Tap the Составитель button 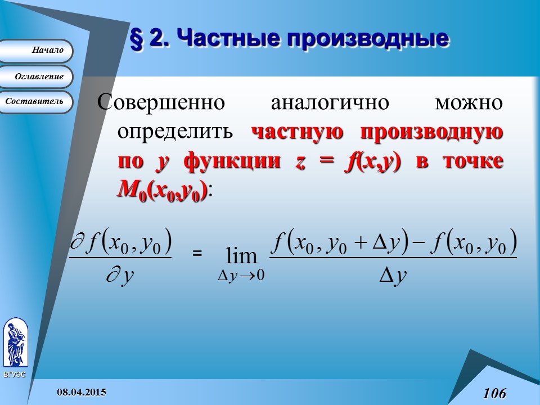pos(38,102)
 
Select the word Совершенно pos(161,103)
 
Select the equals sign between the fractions pos(197,254)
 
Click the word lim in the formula pos(241,257)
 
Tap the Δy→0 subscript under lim pos(241,276)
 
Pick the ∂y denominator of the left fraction pos(119,276)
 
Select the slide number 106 pos(493,393)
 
